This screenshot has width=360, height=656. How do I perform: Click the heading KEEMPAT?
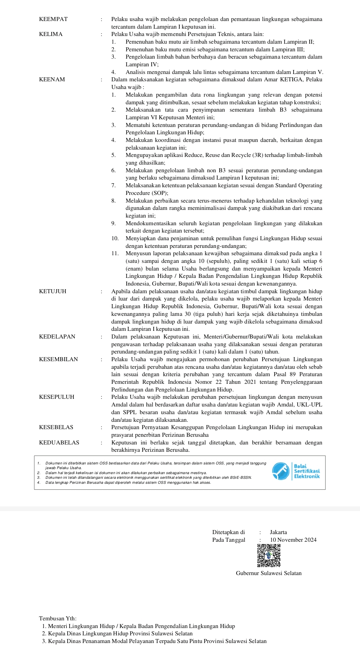(x=53, y=19)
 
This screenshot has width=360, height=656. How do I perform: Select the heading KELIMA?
(x=51, y=34)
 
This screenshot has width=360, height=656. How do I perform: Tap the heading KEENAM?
(x=52, y=80)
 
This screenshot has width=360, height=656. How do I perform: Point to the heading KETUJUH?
(x=53, y=292)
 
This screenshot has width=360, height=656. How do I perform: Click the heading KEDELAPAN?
(x=57, y=337)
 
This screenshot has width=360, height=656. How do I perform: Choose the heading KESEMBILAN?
(x=58, y=359)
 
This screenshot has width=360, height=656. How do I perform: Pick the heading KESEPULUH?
(x=57, y=397)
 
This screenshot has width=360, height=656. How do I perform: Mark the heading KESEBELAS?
(x=56, y=427)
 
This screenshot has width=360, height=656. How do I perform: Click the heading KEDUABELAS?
(x=59, y=443)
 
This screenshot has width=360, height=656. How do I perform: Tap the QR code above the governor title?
(x=269, y=555)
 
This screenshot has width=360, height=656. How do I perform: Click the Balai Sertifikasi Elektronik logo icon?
(x=281, y=471)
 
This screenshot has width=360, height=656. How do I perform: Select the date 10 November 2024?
(x=293, y=540)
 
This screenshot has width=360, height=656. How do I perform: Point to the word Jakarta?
(x=278, y=532)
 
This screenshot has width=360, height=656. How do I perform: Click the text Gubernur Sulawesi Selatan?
(x=269, y=573)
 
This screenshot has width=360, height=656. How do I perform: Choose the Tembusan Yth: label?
(x=58, y=619)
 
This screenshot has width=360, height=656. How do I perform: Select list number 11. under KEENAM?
(x=115, y=254)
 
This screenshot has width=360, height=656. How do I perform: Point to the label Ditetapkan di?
(x=228, y=532)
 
